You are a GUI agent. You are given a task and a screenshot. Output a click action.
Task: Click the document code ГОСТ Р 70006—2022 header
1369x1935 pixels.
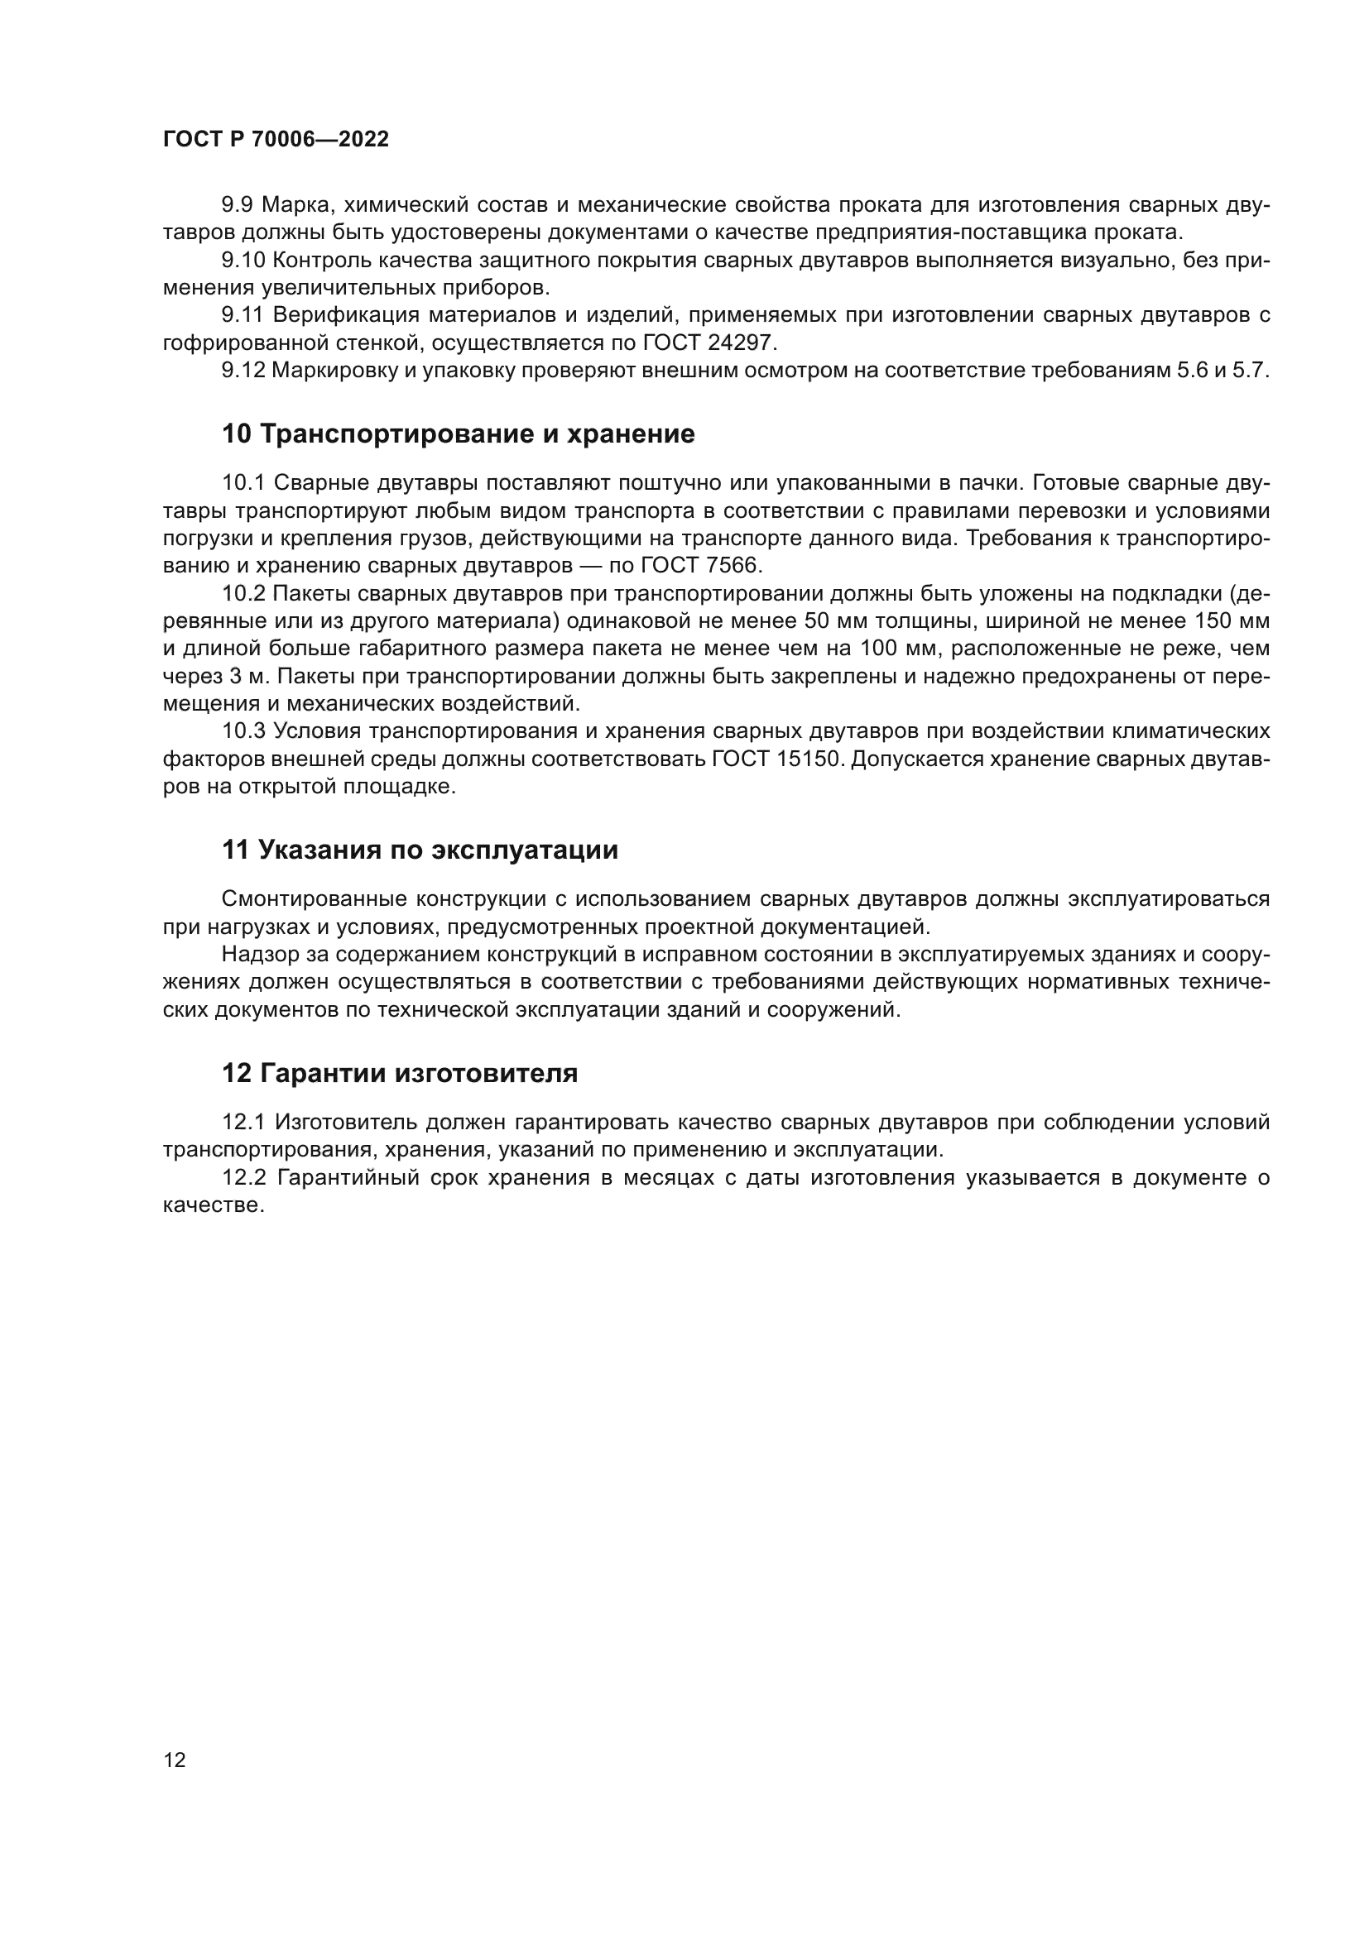pyautogui.click(x=276, y=140)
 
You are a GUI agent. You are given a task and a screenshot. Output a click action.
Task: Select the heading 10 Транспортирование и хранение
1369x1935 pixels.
pyautogui.click(x=458, y=434)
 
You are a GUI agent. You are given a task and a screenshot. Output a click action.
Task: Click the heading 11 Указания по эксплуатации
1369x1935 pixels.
pyautogui.click(x=420, y=850)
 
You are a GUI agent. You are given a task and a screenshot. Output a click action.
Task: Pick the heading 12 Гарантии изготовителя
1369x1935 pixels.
pyautogui.click(x=400, y=1074)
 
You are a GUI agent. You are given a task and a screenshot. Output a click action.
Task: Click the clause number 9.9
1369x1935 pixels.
pyautogui.click(x=238, y=205)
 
